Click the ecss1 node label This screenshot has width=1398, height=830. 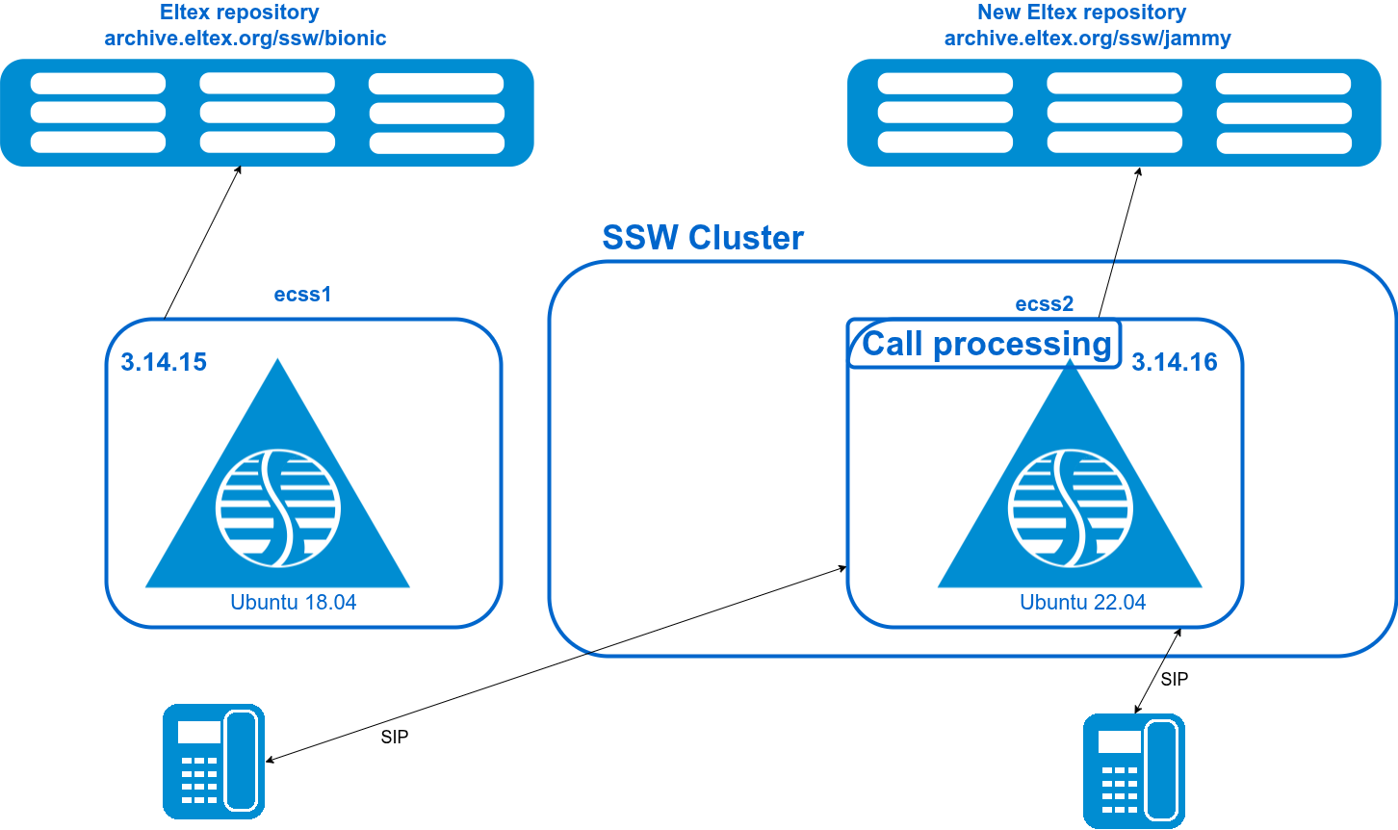[x=302, y=295]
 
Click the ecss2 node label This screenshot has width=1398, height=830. [x=1044, y=304]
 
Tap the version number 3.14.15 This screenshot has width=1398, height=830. [x=164, y=362]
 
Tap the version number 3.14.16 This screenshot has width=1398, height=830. [x=1174, y=362]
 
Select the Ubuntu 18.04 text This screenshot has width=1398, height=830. [x=293, y=603]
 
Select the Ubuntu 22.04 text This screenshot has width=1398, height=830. [x=1082, y=603]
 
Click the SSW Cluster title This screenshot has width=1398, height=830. [x=702, y=238]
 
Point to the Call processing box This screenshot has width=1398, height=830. [x=985, y=344]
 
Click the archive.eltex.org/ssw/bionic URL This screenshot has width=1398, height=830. [x=246, y=39]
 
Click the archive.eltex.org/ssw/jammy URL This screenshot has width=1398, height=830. [x=1087, y=39]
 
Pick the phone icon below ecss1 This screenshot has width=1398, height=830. [x=213, y=761]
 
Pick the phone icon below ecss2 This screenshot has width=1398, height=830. [x=1133, y=770]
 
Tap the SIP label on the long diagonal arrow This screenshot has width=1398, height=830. [x=395, y=738]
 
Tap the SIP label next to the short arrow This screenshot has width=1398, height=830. [x=1174, y=680]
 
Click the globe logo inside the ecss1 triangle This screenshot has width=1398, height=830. [x=277, y=507]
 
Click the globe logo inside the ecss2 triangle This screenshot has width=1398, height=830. [x=1070, y=507]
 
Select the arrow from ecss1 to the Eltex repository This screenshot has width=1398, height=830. [x=202, y=242]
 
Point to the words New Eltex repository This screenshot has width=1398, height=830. [x=1081, y=13]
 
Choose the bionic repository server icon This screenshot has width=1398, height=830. [x=267, y=113]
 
